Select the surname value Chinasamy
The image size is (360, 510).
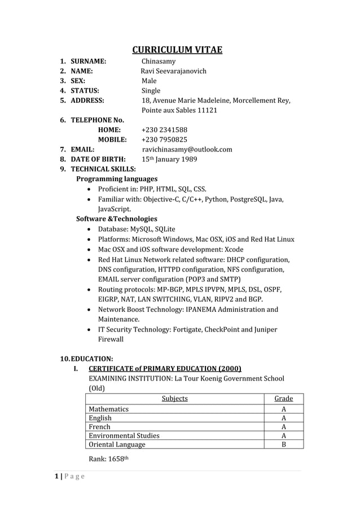158,62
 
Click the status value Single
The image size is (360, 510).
151,90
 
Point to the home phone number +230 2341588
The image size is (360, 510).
164,130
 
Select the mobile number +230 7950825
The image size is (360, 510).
164,140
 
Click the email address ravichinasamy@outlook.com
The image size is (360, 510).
187,150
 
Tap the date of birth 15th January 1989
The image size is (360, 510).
169,159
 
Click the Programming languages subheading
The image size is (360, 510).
117,178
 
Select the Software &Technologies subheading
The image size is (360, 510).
117,219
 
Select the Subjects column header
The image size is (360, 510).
174,399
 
